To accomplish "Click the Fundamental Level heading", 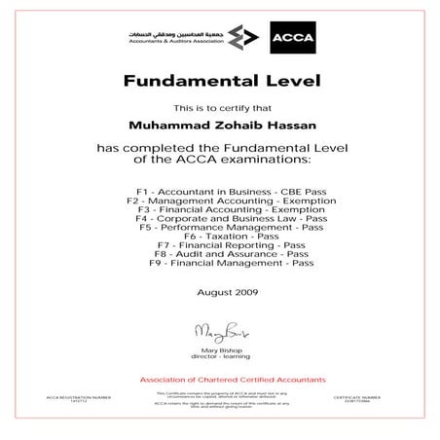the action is pos(219,81).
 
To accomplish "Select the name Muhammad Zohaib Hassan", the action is pos(219,125).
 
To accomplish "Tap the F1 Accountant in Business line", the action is pos(219,191).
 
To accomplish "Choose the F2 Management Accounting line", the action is pos(219,200).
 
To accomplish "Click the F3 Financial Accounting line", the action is pos(219,208).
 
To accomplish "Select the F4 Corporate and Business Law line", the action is pos(219,218).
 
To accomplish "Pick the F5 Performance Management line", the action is pos(219,227).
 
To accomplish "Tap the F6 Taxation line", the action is pos(219,237).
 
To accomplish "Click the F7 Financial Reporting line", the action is pos(219,245).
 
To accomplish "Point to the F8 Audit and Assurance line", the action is pos(219,254).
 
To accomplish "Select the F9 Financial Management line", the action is pos(219,264).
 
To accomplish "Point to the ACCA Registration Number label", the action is pos(72,397).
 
